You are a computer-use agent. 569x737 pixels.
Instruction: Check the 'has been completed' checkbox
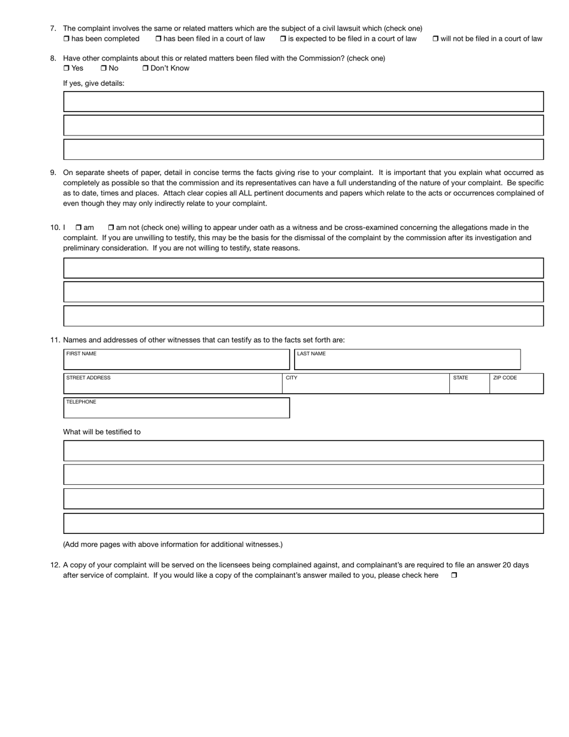click(66, 39)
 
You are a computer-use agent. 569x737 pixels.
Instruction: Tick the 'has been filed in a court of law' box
click(159, 39)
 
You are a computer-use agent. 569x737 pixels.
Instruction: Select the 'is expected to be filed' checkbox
click(283, 39)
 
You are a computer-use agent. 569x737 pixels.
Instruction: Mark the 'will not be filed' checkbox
click(435, 39)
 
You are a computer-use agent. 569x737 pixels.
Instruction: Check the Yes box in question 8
click(66, 68)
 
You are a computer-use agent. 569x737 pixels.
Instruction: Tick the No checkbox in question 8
click(104, 68)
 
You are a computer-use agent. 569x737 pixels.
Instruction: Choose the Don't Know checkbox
click(146, 68)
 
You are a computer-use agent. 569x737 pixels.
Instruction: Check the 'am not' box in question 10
click(111, 228)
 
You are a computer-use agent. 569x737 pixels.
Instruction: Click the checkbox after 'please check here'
click(454, 575)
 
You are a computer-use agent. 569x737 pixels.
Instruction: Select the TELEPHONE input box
click(176, 409)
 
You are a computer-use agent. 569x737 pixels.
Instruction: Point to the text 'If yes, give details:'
click(93, 83)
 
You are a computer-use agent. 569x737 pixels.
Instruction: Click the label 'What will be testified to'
click(102, 432)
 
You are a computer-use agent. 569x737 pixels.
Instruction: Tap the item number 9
click(53, 173)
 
